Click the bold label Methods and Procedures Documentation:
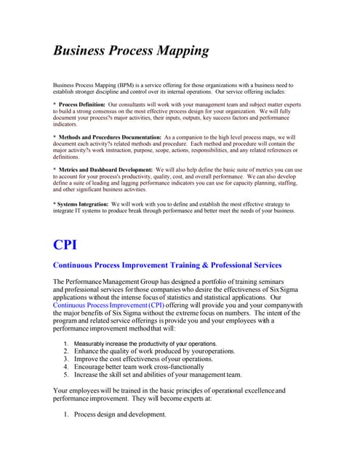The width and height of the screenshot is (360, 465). click(111, 137)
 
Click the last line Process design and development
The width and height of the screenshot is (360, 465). click(120, 414)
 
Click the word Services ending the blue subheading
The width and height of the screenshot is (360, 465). click(263, 265)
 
